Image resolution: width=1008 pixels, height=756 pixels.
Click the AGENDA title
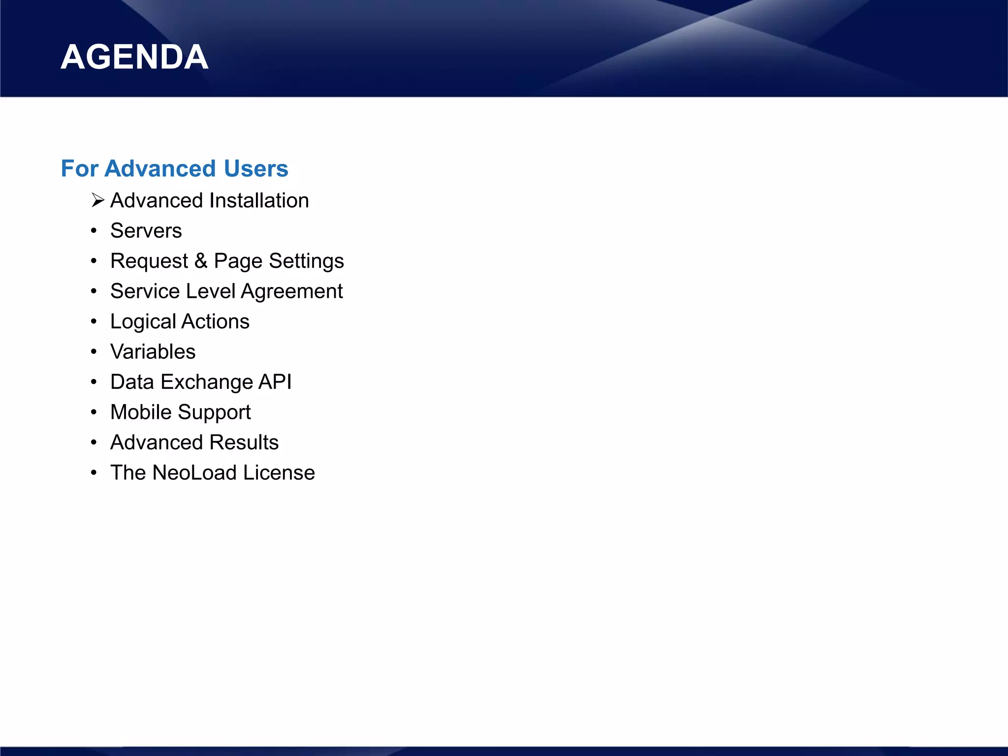(134, 57)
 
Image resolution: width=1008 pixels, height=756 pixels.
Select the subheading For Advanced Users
(174, 168)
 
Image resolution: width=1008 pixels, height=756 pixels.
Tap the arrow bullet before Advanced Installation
(98, 200)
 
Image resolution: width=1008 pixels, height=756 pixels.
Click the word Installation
(259, 200)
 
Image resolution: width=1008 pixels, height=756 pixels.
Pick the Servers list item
(146, 230)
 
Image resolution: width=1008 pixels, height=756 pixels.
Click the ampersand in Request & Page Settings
(201, 261)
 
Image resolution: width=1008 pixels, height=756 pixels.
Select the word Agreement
(292, 291)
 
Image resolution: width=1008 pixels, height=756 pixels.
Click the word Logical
(143, 322)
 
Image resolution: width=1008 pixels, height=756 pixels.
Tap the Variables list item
(153, 351)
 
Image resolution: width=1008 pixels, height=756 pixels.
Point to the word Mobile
(141, 412)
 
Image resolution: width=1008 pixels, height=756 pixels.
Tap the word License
(279, 472)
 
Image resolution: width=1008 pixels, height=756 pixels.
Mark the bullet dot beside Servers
(94, 231)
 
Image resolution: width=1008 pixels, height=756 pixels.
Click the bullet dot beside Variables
(94, 352)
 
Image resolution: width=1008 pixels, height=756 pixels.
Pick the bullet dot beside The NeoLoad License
(94, 473)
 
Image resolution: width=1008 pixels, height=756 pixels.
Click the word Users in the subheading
(255, 168)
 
